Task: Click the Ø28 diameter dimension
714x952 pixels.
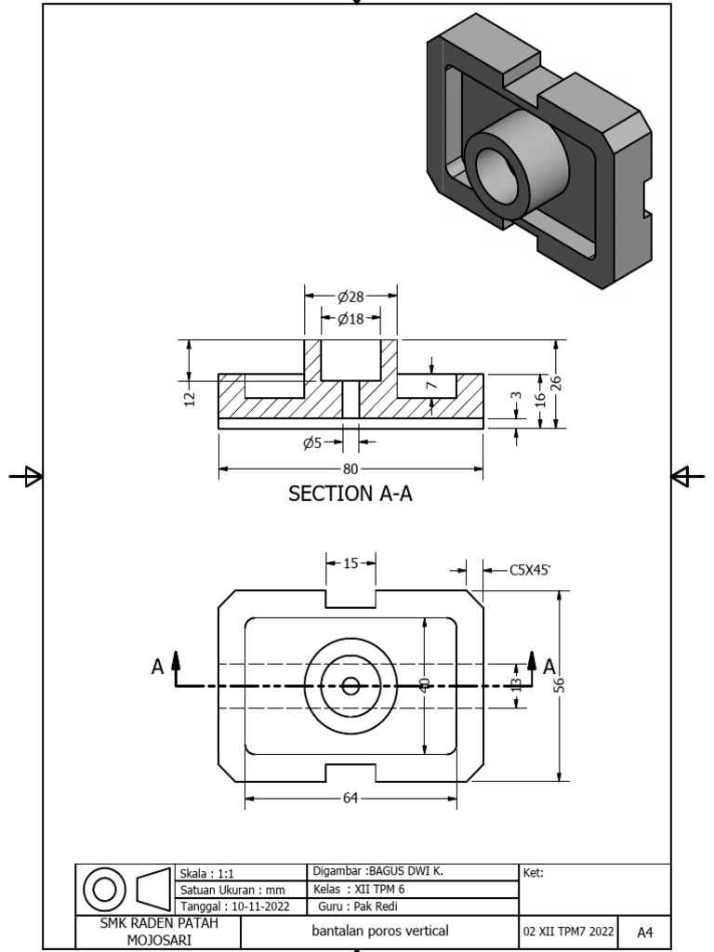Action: tap(351, 297)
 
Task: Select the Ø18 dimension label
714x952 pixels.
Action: tap(351, 319)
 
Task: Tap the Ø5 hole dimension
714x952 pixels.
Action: tap(312, 443)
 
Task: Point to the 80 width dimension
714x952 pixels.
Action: tap(350, 469)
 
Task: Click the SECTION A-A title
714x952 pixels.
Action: tap(350, 494)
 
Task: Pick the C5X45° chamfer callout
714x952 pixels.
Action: tap(530, 570)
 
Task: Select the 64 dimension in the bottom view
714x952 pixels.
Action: tap(351, 797)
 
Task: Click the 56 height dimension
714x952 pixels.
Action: tap(560, 684)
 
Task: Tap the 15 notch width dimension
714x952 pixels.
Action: tap(350, 562)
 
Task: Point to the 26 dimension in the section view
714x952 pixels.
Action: tap(556, 383)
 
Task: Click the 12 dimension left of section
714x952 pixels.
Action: tap(190, 398)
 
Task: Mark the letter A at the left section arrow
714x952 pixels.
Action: tap(158, 666)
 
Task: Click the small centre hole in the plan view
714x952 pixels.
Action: tap(350, 686)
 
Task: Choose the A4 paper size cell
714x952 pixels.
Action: tap(643, 932)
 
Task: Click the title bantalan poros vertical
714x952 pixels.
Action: tap(379, 931)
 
